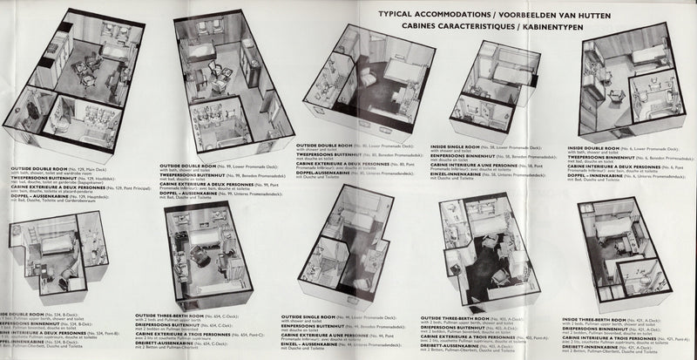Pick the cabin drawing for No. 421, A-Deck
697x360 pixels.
pos(627,253)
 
